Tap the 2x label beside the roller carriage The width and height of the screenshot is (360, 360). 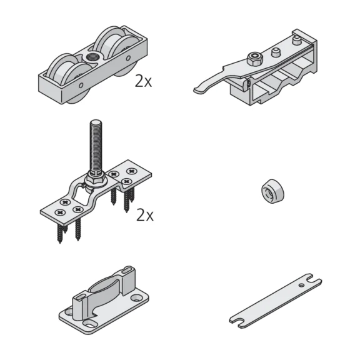click(x=144, y=81)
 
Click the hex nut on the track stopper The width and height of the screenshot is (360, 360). click(x=254, y=58)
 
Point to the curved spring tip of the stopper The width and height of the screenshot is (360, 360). click(x=199, y=89)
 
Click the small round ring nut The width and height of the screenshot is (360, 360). click(x=272, y=191)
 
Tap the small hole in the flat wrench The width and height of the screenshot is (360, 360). click(x=302, y=285)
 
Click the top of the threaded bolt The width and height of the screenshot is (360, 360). click(x=96, y=123)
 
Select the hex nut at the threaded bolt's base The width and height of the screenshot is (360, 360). click(x=95, y=179)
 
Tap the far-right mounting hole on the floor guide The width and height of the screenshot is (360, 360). click(x=137, y=298)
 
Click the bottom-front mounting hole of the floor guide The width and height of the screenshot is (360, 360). click(x=89, y=324)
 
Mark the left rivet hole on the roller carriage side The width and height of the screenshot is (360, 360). click(x=81, y=86)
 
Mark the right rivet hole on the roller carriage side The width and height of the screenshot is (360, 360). click(x=128, y=58)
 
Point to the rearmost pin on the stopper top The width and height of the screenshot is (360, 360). click(x=297, y=41)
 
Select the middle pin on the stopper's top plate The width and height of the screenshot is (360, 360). click(x=276, y=52)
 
